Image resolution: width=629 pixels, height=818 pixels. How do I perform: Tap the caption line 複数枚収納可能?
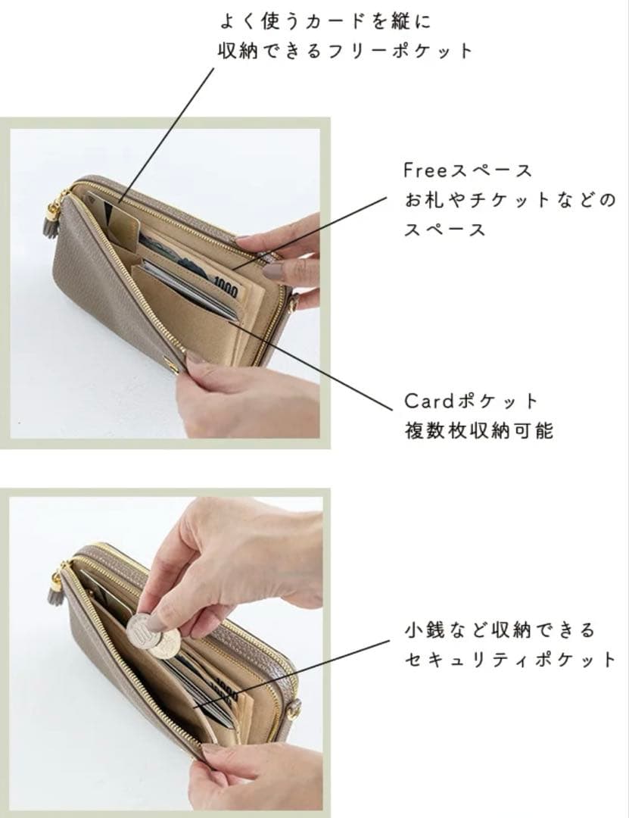click(478, 431)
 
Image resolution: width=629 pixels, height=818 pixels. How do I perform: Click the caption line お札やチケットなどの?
click(509, 201)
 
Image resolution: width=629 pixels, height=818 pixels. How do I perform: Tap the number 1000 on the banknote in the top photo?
click(226, 287)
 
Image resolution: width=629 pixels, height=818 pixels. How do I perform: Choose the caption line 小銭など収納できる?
click(500, 629)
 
